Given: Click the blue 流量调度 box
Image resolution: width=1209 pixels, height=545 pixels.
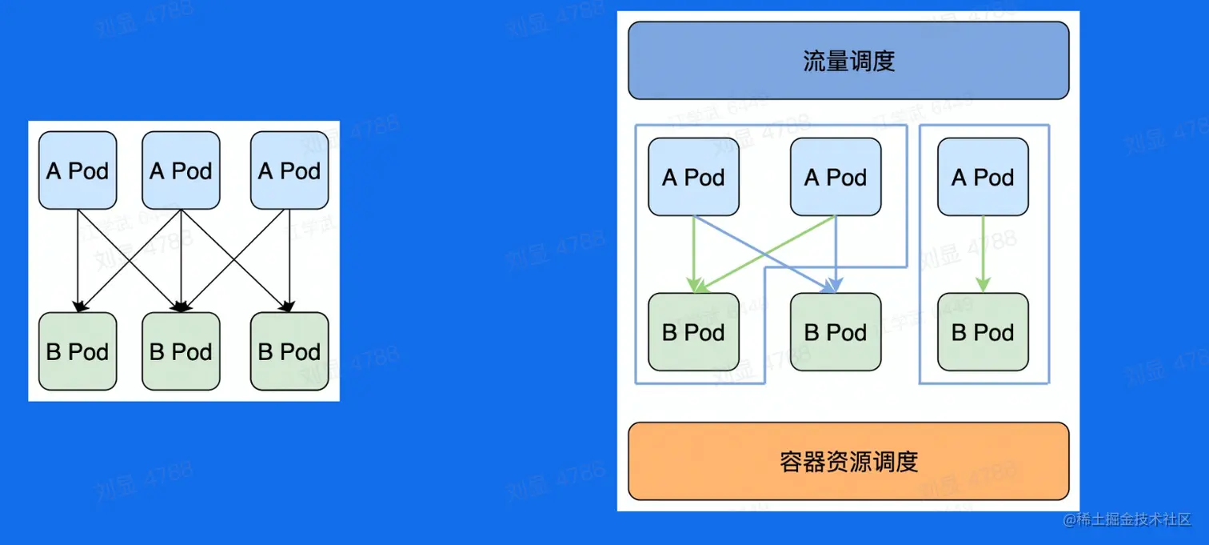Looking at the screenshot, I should pos(848,61).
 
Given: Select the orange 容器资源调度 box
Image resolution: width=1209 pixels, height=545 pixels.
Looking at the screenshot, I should pos(848,462).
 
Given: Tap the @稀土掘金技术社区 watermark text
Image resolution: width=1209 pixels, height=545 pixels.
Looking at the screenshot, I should pos(1127,519).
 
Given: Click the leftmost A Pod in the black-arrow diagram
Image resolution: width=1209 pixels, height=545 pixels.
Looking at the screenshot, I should pos(78,170).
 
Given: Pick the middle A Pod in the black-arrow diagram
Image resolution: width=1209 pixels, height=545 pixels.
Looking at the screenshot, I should pos(181,170).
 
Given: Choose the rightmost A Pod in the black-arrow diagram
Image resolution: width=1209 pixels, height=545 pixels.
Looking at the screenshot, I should pos(289,170).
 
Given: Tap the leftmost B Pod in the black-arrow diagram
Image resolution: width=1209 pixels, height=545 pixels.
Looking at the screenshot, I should pos(78,351).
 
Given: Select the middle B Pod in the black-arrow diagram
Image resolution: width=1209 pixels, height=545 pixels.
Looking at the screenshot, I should pos(181,351).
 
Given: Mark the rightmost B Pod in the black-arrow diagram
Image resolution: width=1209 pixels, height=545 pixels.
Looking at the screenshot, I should pos(289,351).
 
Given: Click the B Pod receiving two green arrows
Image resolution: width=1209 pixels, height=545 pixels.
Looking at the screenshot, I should pos(693,332).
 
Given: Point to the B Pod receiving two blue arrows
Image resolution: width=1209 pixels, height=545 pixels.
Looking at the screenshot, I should pos(836,332).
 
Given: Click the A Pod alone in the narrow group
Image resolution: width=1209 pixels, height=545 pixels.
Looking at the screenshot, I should pos(983,177).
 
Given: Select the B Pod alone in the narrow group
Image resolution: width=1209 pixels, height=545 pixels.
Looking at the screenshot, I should pos(983,332).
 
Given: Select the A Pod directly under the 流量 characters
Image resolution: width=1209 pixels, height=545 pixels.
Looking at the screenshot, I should pos(836,177).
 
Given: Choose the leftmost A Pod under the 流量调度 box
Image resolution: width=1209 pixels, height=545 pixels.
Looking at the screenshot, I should pos(693,177).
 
